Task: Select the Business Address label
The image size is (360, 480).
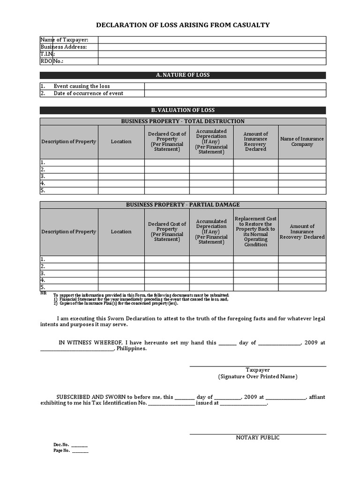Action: (64, 47)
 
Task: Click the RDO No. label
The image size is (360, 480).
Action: (52, 61)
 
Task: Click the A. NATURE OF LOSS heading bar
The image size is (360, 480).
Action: (183, 75)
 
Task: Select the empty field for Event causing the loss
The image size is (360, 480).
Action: (234, 86)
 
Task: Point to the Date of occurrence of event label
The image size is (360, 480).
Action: (88, 93)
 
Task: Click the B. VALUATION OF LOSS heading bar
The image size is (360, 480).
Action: (183, 110)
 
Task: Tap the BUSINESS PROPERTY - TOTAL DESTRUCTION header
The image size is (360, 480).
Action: (183, 121)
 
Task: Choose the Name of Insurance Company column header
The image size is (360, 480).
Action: (302, 142)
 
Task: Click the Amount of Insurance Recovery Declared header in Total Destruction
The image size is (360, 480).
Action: (255, 142)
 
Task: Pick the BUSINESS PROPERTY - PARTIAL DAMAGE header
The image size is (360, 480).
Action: (183, 205)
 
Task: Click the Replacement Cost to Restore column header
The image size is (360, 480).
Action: (255, 232)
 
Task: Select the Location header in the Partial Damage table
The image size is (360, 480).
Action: (121, 232)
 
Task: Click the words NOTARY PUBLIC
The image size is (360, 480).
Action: (257, 438)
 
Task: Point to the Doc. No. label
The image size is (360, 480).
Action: (61, 444)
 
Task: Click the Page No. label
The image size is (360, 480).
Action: (62, 451)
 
